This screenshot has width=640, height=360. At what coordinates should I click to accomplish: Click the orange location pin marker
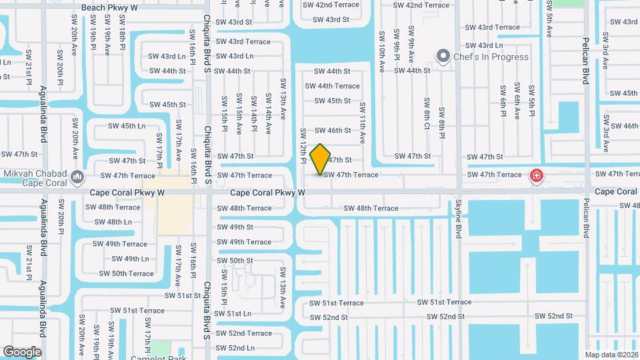[x=321, y=159]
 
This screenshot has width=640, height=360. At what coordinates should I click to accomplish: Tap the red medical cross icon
[x=535, y=176]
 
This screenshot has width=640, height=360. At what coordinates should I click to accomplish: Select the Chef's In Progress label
[x=491, y=57]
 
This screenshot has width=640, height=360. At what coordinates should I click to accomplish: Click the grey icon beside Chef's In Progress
[x=442, y=56]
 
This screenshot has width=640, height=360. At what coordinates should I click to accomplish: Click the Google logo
[x=22, y=352]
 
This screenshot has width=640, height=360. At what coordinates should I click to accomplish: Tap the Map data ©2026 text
[x=611, y=355]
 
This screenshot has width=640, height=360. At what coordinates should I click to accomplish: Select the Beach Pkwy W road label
[x=109, y=7]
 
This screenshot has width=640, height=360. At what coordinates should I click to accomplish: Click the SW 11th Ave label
[x=363, y=123]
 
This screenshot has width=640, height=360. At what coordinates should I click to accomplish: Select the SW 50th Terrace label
[x=127, y=273]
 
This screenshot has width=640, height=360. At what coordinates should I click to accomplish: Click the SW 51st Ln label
[x=229, y=313]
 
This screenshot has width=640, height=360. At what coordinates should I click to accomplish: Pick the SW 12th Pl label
[x=303, y=147]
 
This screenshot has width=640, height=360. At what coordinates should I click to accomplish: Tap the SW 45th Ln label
[x=127, y=126]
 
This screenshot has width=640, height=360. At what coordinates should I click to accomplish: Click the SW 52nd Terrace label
[x=241, y=333]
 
